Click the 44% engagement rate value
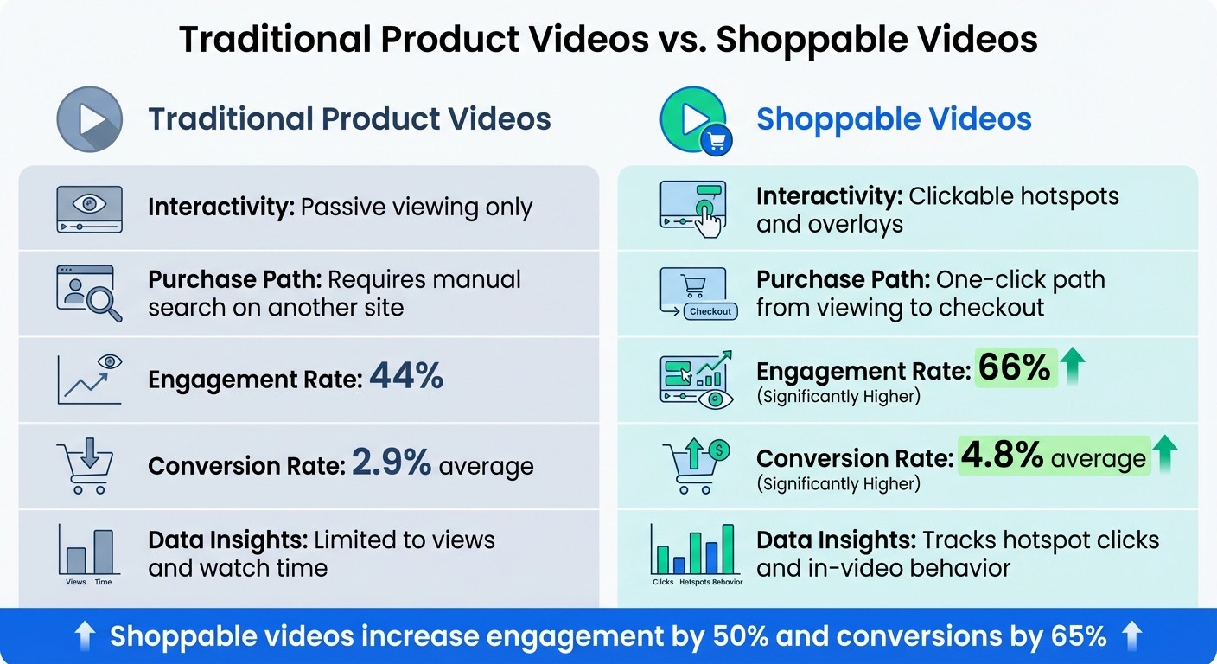click(406, 377)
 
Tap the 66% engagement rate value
click(1016, 368)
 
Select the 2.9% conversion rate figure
click(391, 464)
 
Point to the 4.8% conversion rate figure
click(1003, 456)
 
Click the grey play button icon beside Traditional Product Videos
click(89, 119)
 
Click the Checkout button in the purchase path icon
click(710, 311)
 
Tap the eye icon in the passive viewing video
click(88, 204)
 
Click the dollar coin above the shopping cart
click(718, 450)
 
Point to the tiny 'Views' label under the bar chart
click(76, 582)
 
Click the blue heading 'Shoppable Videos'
click(894, 118)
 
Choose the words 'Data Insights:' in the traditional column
click(228, 540)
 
